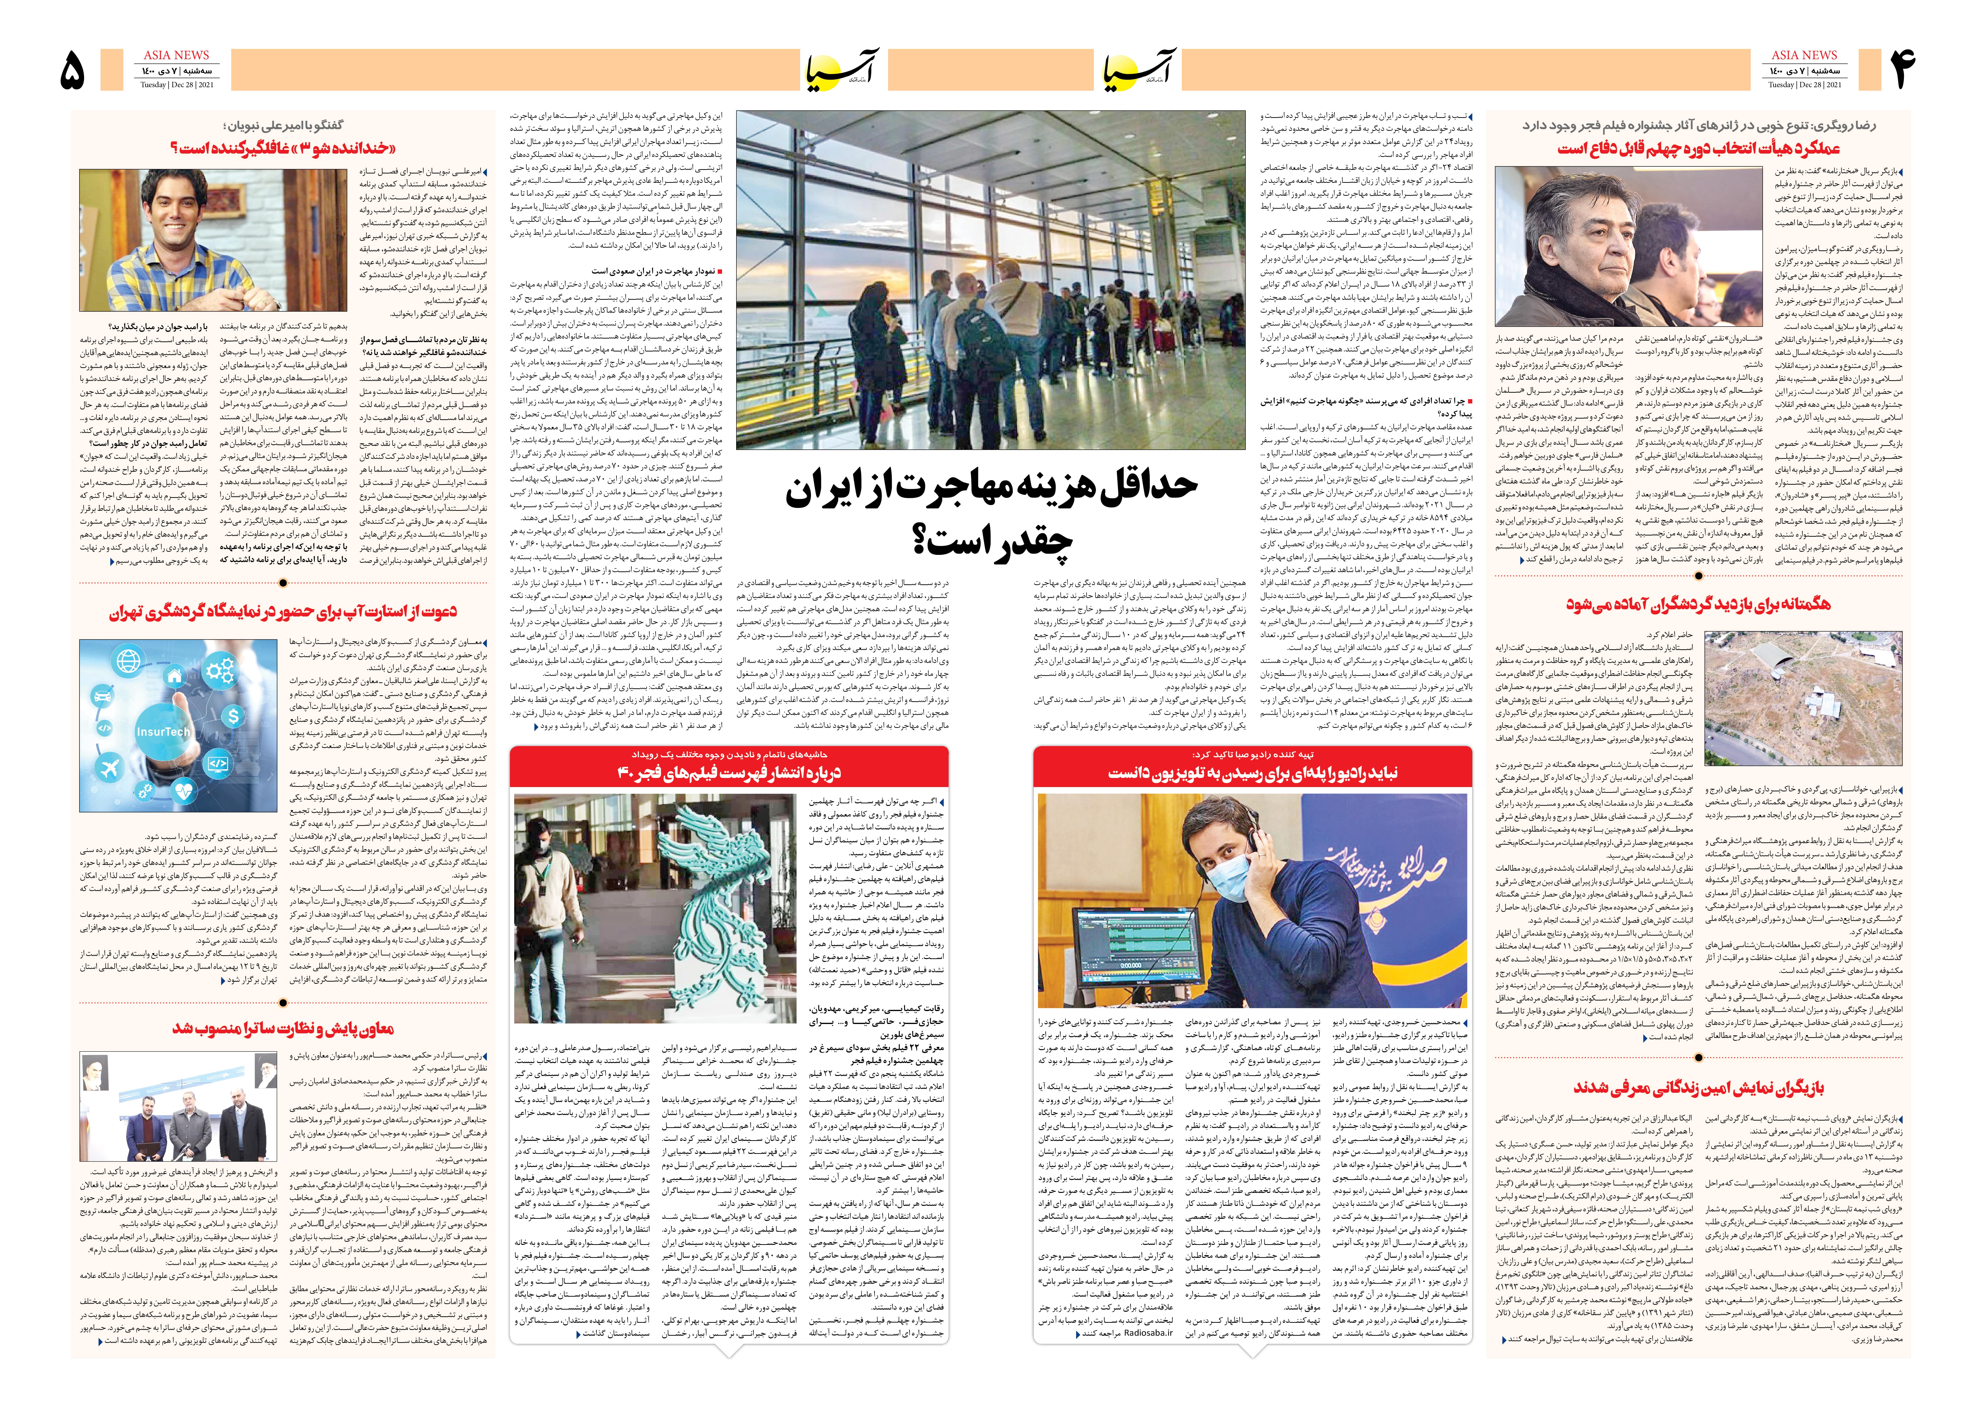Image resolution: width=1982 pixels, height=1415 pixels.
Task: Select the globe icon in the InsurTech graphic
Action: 128,661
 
